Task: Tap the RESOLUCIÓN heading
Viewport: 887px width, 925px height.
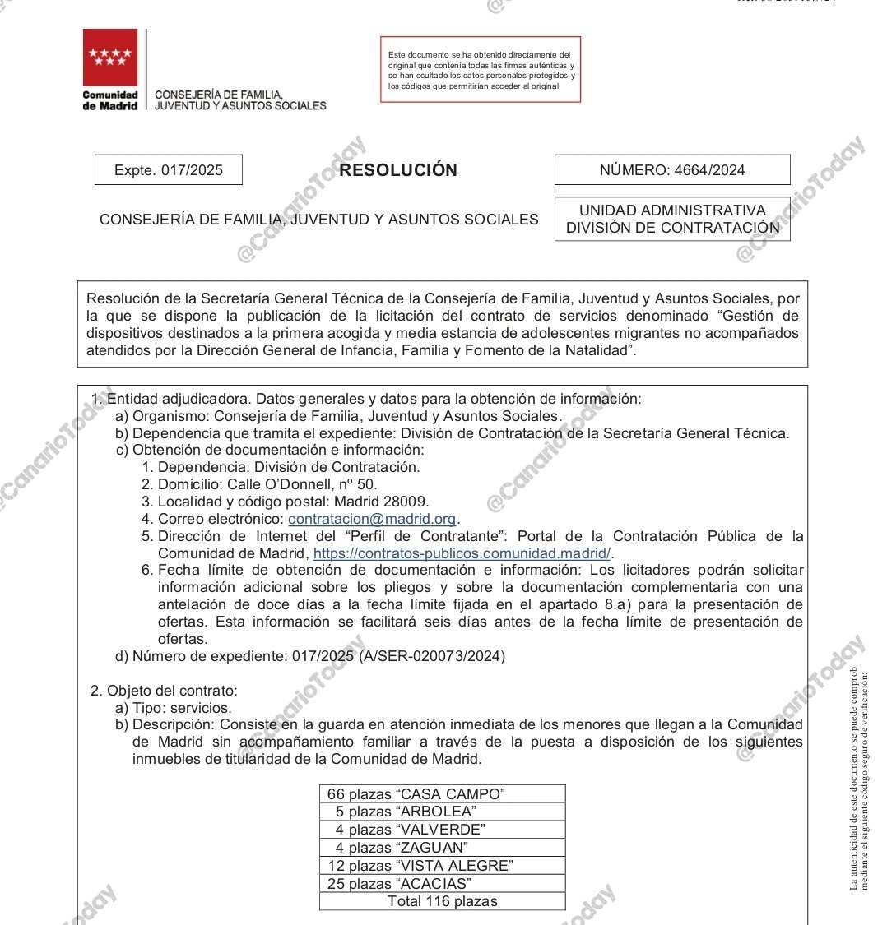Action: (x=398, y=170)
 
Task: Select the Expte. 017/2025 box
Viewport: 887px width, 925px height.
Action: (x=169, y=170)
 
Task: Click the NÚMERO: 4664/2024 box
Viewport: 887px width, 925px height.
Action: (x=671, y=170)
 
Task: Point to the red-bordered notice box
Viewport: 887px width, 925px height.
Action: (x=481, y=69)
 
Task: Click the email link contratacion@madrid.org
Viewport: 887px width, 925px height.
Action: (x=372, y=519)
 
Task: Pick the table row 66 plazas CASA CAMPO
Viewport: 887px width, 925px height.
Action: (x=442, y=793)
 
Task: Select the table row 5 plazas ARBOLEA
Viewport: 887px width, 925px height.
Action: (x=442, y=812)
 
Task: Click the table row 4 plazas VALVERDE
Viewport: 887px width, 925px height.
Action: (x=442, y=830)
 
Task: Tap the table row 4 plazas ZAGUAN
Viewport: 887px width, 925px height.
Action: (x=442, y=848)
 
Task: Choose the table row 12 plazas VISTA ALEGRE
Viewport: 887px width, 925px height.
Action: (x=442, y=866)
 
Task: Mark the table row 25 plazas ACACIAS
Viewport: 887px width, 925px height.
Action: (x=442, y=884)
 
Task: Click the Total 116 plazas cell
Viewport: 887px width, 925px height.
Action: (x=442, y=901)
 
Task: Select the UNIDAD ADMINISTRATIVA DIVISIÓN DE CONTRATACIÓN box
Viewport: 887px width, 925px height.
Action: (x=671, y=219)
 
